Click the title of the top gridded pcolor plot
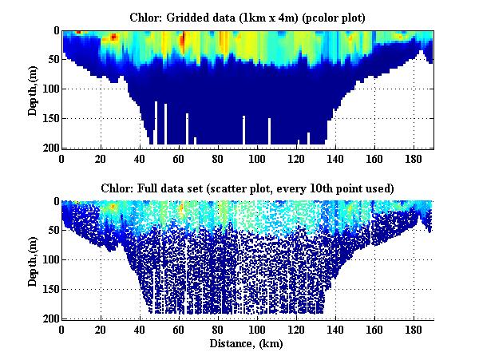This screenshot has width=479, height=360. [247, 17]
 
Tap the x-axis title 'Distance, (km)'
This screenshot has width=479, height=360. [247, 344]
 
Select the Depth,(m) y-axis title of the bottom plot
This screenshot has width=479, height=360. [33, 259]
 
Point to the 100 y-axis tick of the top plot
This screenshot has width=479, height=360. [49, 89]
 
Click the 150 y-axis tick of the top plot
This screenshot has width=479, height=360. [49, 118]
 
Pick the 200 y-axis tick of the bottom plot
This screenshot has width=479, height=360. [49, 318]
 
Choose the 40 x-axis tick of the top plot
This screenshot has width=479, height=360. [140, 158]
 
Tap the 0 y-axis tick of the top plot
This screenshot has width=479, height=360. [54, 31]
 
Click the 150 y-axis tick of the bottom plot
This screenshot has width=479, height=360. [49, 289]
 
